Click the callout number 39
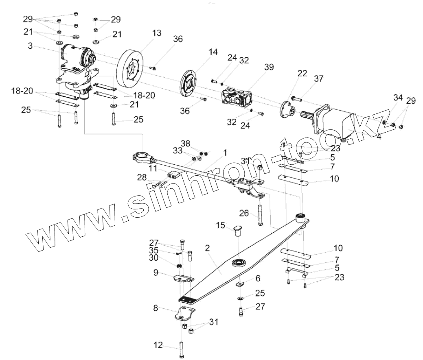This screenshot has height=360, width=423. [269, 68]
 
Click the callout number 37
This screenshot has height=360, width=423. [318, 79]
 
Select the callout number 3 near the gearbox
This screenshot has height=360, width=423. [30, 46]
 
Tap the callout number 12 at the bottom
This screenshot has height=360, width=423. [158, 345]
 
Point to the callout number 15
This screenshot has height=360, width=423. [220, 225]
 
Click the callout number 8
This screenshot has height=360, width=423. [156, 308]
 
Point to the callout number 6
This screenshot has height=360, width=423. [258, 278]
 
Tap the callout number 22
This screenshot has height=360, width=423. [302, 73]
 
